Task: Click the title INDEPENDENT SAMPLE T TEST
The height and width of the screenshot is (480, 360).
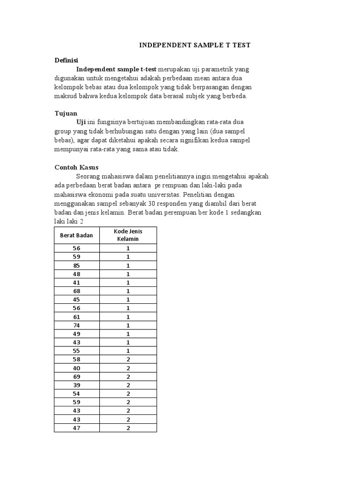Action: coord(195,45)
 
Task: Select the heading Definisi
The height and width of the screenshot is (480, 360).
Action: coord(66,60)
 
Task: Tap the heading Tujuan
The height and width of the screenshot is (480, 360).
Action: coord(66,113)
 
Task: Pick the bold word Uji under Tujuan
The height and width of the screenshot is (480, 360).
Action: coord(81,123)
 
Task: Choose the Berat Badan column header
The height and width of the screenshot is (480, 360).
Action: coord(77,235)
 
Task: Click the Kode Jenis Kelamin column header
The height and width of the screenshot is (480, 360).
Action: coord(128,235)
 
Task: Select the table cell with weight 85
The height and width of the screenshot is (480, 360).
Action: coord(77,265)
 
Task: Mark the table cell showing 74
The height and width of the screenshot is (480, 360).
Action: coord(77,325)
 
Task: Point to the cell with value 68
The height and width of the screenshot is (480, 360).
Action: coord(77,291)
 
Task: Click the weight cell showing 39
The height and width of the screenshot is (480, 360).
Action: coord(77,385)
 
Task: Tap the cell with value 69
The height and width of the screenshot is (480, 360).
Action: coord(77,376)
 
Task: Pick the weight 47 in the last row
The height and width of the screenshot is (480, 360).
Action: coord(77,428)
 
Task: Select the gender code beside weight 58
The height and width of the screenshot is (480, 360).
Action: coord(128,360)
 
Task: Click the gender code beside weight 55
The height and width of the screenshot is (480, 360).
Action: coord(128,351)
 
